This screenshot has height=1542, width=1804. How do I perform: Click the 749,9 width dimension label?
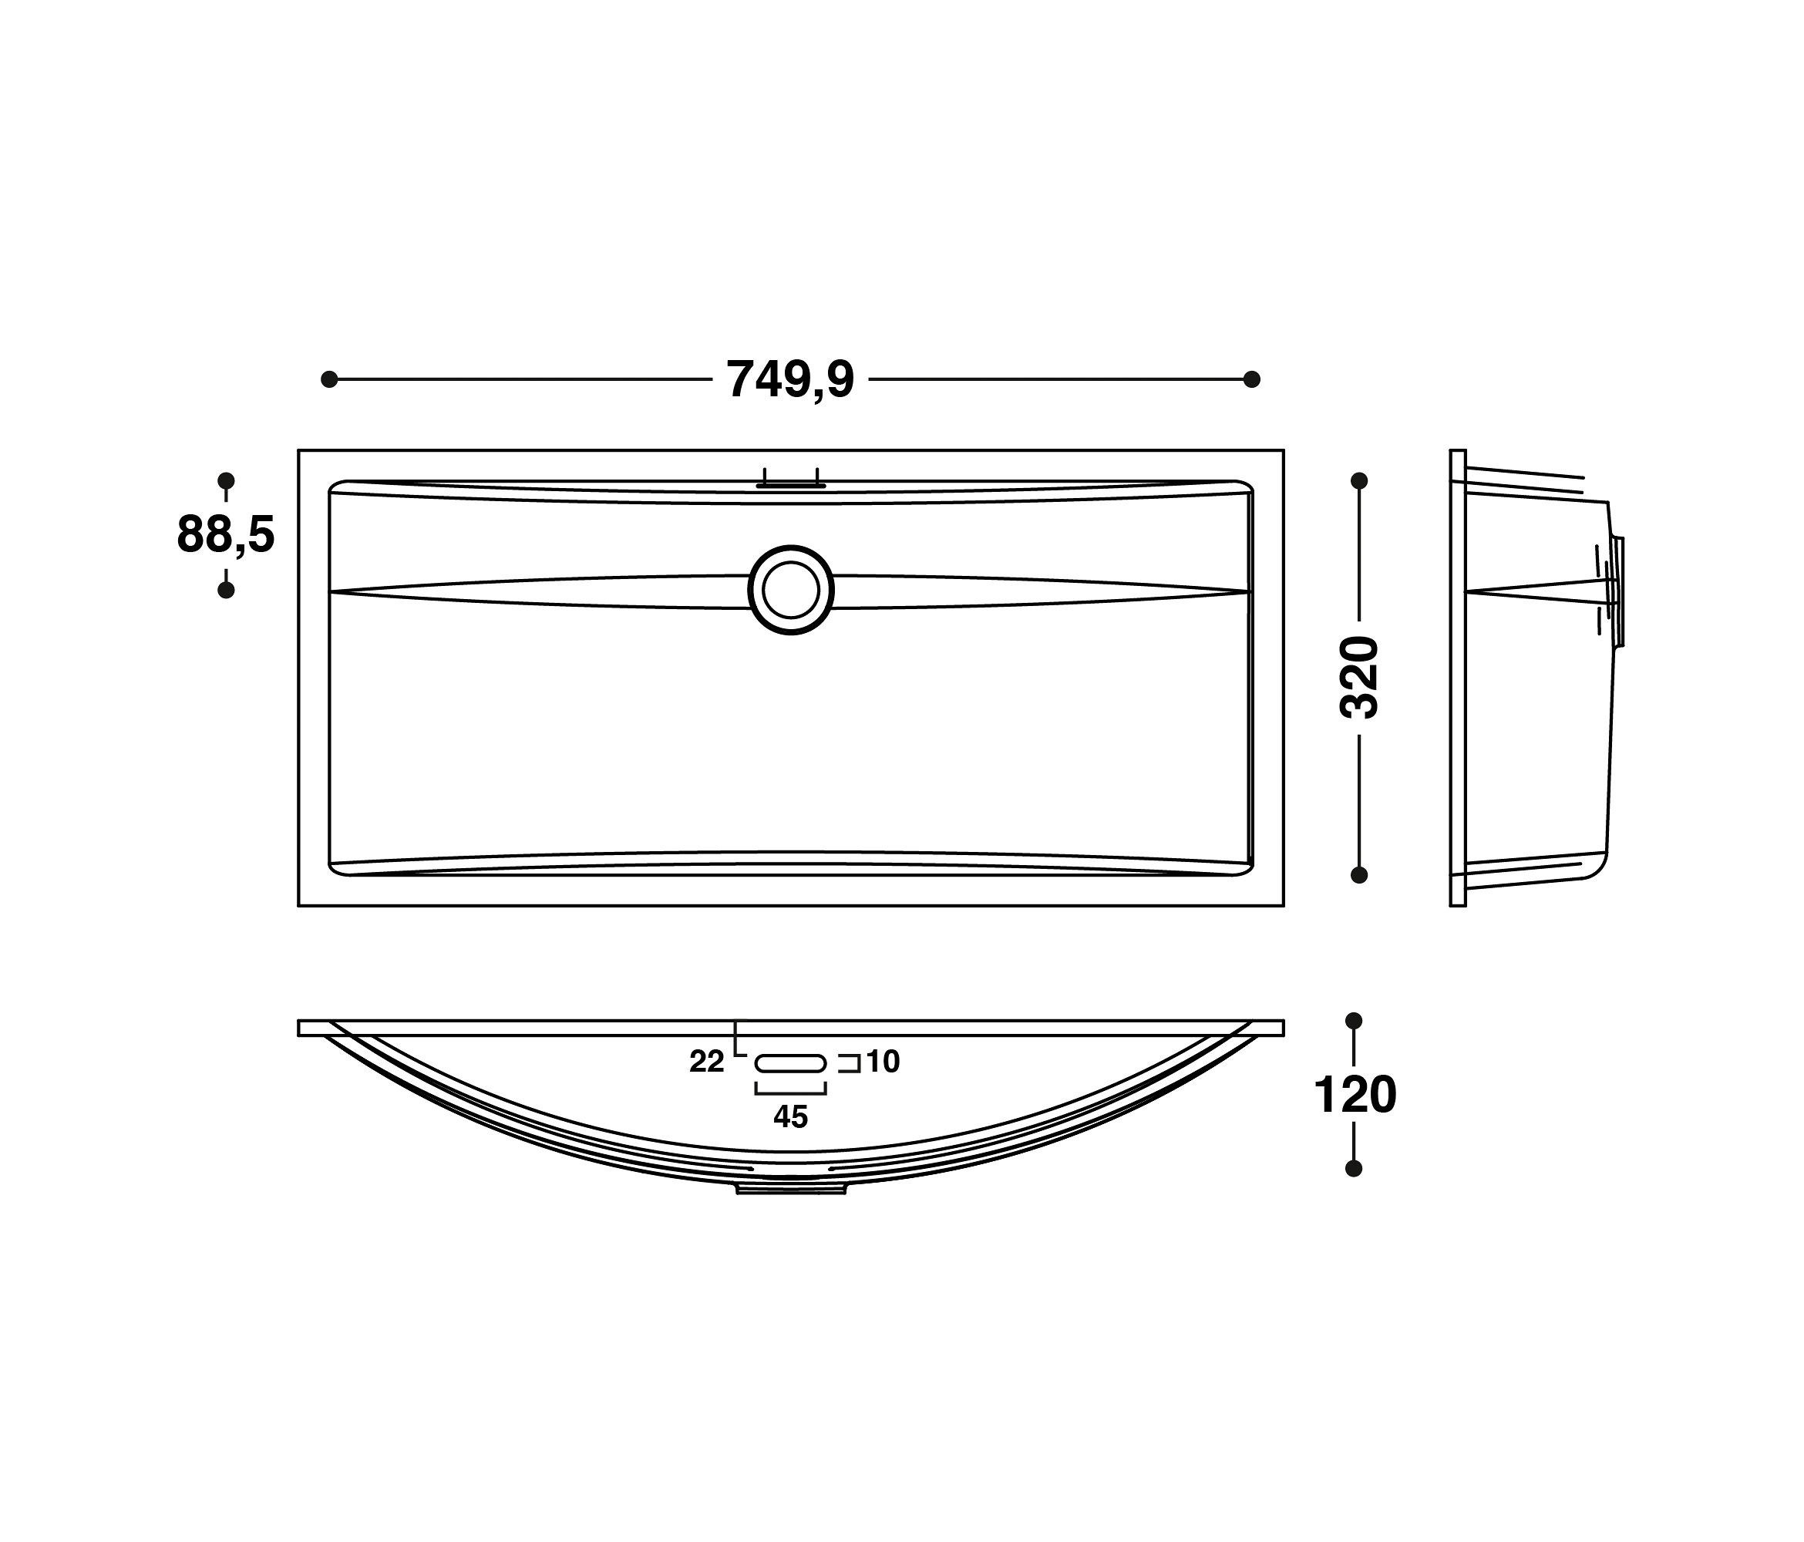click(790, 379)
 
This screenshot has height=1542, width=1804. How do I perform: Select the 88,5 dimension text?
click(225, 534)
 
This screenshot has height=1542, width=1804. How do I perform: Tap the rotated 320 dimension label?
click(1359, 678)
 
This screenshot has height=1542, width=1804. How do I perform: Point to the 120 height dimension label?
click(1355, 1096)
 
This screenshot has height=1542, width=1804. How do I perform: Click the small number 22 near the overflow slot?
click(706, 1062)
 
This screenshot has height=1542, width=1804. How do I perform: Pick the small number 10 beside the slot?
click(882, 1062)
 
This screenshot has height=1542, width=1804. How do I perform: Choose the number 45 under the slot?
click(790, 1116)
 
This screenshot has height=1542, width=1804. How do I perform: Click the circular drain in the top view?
click(790, 591)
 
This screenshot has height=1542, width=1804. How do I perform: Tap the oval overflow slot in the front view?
click(790, 1063)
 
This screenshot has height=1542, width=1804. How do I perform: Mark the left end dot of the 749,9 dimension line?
click(329, 379)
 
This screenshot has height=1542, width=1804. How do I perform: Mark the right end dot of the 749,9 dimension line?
click(1252, 379)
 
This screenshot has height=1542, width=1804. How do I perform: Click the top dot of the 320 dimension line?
click(1359, 480)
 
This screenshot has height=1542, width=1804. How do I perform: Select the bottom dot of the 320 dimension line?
click(1359, 875)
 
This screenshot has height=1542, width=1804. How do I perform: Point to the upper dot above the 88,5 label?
click(225, 480)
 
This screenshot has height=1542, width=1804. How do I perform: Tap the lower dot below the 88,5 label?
click(225, 591)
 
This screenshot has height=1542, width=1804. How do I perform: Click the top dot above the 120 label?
click(1354, 1021)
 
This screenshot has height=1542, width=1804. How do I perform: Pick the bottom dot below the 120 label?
click(1354, 1169)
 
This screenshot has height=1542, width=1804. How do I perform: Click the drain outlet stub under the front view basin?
click(790, 1187)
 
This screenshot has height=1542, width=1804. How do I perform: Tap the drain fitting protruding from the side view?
click(1617, 591)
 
